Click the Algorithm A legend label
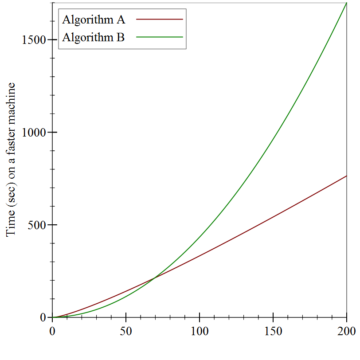pyautogui.click(x=94, y=20)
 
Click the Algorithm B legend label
pyautogui.click(x=94, y=37)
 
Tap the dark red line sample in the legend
pyautogui.click(x=160, y=20)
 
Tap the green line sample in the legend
pyautogui.click(x=160, y=37)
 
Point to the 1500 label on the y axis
pyautogui.click(x=34, y=40)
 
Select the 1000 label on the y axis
pyautogui.click(x=34, y=133)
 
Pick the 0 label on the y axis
pyautogui.click(x=43, y=317)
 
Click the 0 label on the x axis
pyautogui.click(x=52, y=331)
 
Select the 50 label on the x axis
pyautogui.click(x=126, y=331)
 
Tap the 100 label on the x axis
pyautogui.click(x=200, y=331)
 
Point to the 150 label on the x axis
pyautogui.click(x=273, y=331)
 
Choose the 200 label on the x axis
pyautogui.click(x=347, y=331)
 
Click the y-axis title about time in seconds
pyautogui.click(x=11, y=160)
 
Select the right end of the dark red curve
pyautogui.click(x=346, y=176)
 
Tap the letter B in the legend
pyautogui.click(x=120, y=37)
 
